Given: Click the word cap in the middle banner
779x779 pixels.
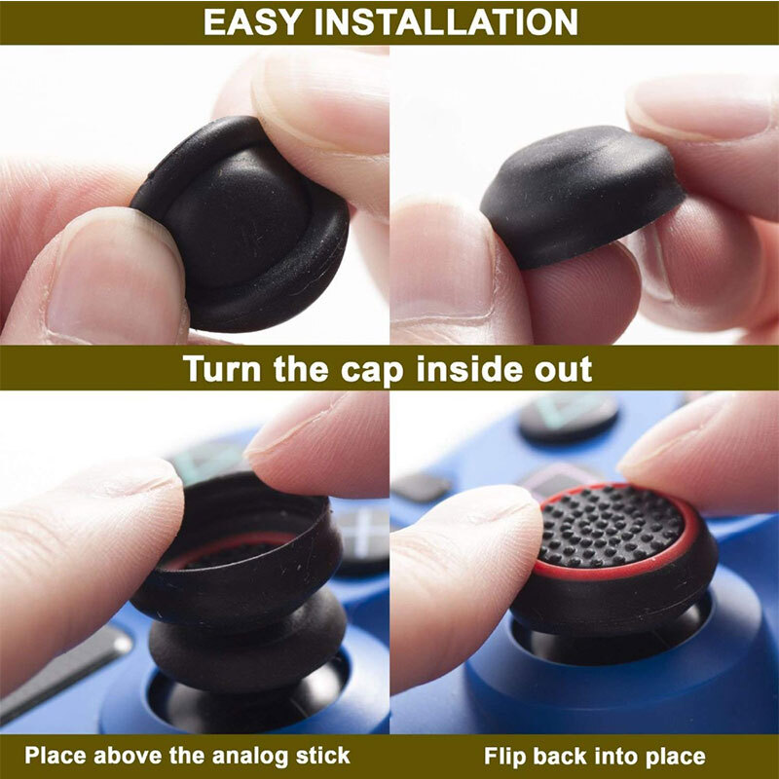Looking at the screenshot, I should click(387, 371).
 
